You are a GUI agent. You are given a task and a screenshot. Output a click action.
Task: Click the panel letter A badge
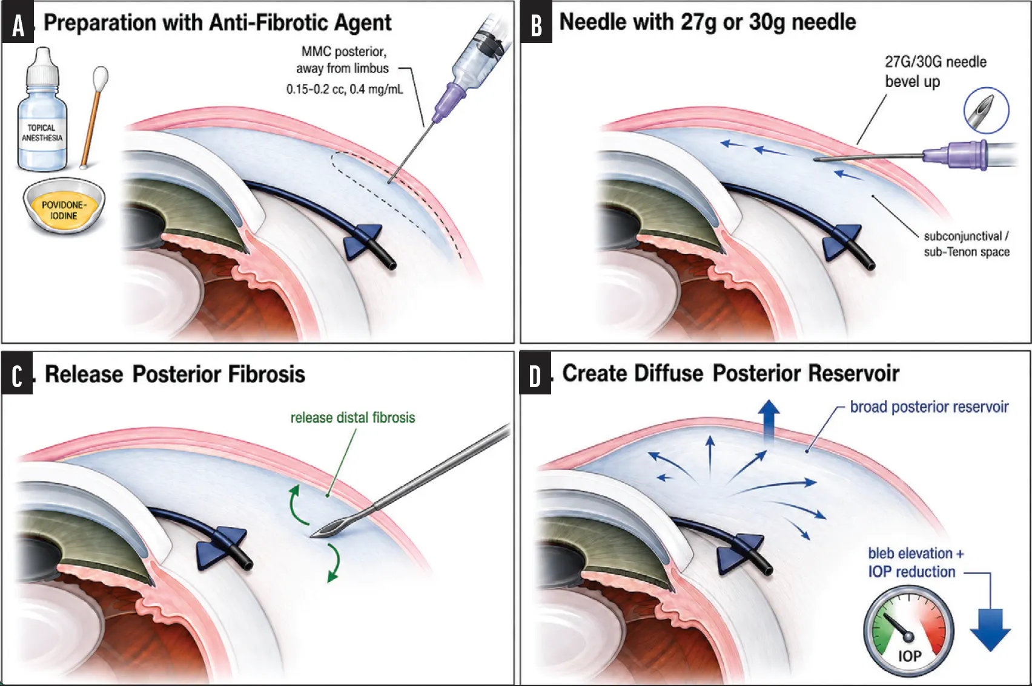(18, 22)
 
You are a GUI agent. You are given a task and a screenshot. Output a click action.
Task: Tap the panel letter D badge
(535, 373)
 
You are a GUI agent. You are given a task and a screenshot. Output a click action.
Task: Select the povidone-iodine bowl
(64, 206)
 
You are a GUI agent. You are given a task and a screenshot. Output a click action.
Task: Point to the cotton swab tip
(101, 77)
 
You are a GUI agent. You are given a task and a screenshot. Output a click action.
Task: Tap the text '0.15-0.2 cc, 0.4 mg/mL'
(345, 90)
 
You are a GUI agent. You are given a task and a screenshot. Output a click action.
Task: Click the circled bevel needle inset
(987, 111)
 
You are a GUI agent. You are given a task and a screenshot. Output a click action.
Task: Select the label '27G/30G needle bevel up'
(935, 71)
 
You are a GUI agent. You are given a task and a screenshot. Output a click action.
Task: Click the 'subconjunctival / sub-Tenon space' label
(967, 244)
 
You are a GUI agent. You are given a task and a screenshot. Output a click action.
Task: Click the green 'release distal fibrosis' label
(352, 417)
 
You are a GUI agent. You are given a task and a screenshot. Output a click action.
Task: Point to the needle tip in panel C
(311, 536)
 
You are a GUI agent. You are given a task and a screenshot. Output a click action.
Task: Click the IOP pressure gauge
(908, 631)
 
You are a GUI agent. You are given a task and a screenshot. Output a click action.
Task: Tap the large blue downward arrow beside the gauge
(991, 629)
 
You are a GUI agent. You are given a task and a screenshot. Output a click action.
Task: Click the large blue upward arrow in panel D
(769, 421)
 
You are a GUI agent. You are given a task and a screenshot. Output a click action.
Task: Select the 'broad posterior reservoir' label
(929, 407)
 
